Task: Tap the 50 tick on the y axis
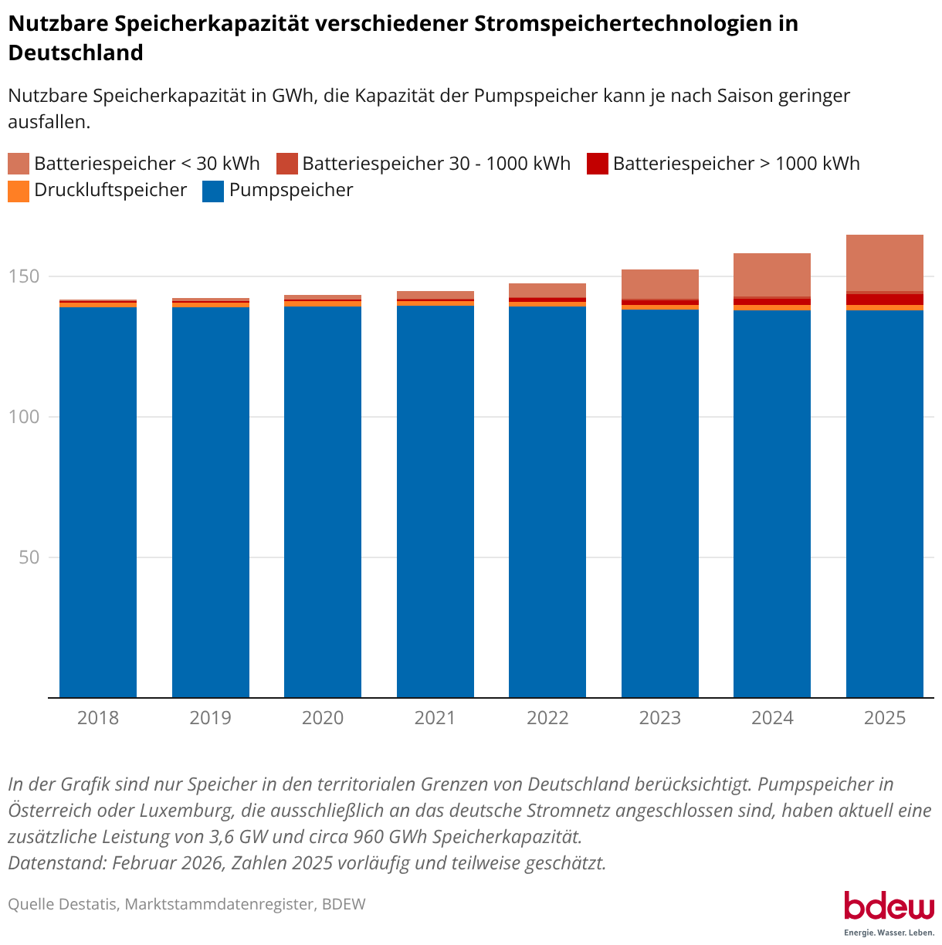(29, 557)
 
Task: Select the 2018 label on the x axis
(98, 718)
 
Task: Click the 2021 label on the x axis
(435, 718)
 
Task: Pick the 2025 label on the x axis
(885, 718)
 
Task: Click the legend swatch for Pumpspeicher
(213, 191)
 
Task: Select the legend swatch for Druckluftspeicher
(19, 191)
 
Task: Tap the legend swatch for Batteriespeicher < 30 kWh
(19, 164)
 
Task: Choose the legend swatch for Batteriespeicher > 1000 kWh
(598, 164)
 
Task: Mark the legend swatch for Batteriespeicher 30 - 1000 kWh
(287, 164)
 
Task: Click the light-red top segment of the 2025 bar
(885, 262)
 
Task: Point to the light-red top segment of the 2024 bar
(772, 274)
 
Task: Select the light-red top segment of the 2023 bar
(660, 283)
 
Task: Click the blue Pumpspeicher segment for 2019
(211, 502)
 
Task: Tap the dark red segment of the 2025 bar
(885, 300)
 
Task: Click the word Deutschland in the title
(76, 52)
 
